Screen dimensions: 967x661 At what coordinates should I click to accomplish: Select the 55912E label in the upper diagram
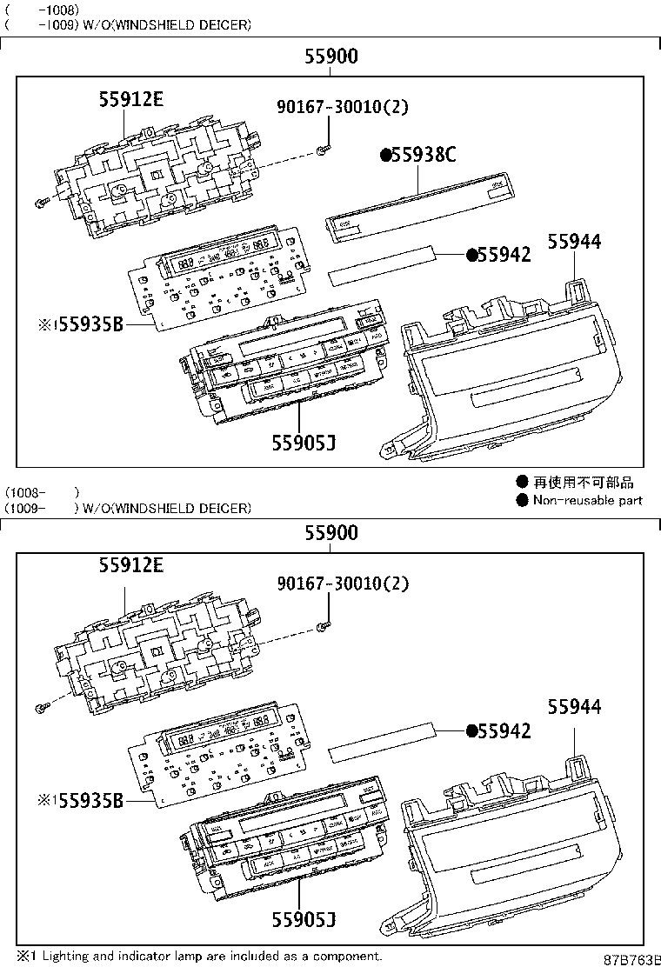[x=130, y=99]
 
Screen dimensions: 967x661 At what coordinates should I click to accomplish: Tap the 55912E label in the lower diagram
[x=130, y=565]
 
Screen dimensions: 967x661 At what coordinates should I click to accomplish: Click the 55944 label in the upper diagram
[x=574, y=243]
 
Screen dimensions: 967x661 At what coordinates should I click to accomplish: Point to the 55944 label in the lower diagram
[x=574, y=707]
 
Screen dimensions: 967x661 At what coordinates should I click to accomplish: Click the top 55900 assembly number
[x=330, y=57]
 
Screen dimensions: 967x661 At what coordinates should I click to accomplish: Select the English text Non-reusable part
[x=587, y=500]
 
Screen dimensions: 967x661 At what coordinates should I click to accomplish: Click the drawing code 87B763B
[x=632, y=958]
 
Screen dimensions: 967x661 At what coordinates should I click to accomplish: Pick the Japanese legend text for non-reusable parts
[x=583, y=482]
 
